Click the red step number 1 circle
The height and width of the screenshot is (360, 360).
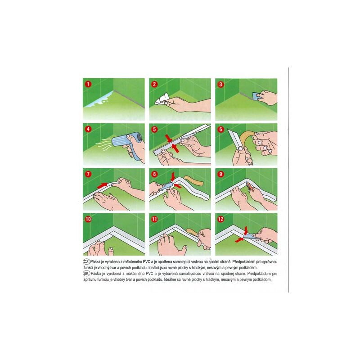coord(88,84)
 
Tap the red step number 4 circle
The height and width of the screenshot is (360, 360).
coord(88,129)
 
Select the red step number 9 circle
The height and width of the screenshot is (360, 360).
coord(220,174)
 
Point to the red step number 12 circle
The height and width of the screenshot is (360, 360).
coord(220,219)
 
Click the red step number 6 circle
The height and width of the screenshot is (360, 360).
coord(220,129)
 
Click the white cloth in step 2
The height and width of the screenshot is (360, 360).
coord(162,99)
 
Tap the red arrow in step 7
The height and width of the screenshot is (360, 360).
coord(103,185)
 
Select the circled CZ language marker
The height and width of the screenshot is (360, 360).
coord(86,261)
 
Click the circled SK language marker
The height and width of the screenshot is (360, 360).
coord(86,274)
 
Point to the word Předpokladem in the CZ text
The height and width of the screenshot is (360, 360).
coord(243,262)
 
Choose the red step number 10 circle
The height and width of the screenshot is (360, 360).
coord(88,219)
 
